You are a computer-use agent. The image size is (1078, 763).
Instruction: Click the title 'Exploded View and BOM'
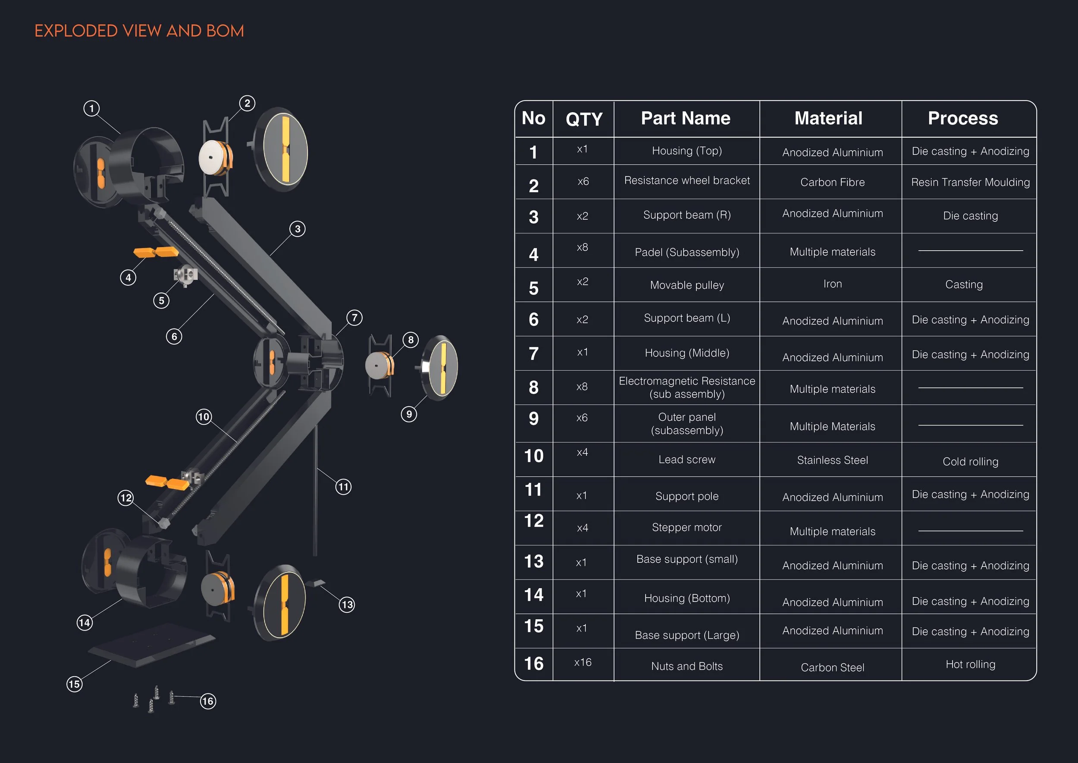click(139, 31)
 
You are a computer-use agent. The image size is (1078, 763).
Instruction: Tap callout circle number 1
click(91, 108)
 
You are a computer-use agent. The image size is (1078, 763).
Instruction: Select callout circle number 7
click(354, 318)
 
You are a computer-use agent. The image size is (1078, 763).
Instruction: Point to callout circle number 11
click(343, 487)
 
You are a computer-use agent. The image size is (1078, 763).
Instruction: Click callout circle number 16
click(207, 701)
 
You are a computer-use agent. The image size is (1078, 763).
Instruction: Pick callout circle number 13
click(347, 604)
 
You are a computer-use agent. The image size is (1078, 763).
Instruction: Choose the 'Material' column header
click(828, 118)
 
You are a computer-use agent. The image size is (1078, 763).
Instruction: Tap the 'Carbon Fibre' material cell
click(832, 182)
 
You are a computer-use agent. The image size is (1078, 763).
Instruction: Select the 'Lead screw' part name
click(686, 460)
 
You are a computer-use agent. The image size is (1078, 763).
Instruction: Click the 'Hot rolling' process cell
click(970, 664)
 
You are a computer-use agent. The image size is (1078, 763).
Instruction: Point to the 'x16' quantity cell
click(583, 662)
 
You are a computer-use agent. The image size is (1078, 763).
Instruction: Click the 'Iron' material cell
click(832, 284)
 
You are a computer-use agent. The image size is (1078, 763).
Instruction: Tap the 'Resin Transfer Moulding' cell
click(970, 182)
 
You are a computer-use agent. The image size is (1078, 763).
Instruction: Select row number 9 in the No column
click(533, 419)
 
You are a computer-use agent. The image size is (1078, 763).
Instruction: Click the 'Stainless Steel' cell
click(832, 460)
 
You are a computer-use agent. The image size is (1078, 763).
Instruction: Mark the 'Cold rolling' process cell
click(970, 461)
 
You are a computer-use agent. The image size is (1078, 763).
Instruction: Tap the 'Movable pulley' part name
click(686, 285)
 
